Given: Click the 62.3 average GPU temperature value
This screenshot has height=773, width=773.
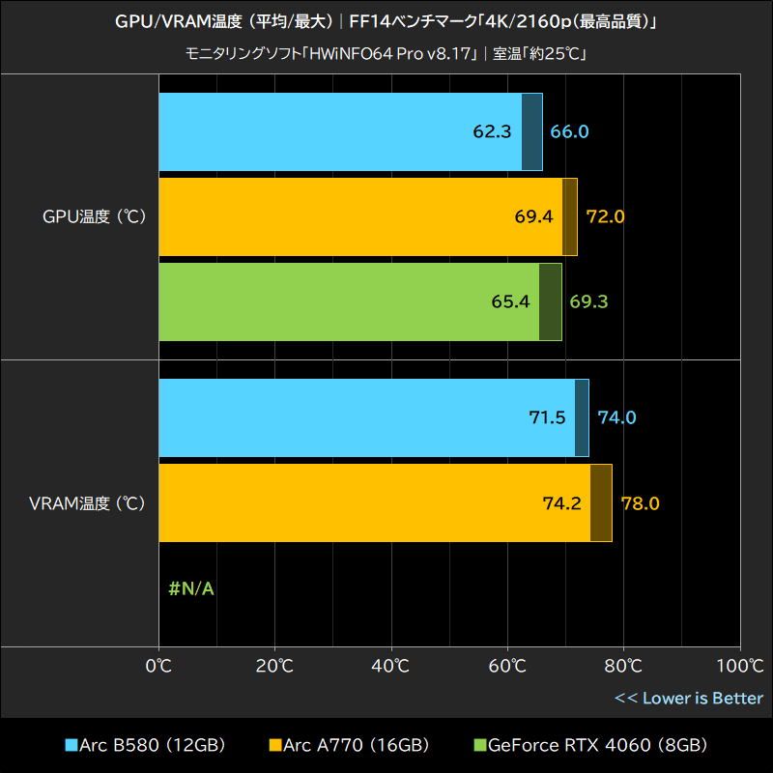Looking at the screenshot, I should tap(492, 131).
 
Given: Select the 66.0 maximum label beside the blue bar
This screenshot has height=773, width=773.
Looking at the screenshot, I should tap(569, 131).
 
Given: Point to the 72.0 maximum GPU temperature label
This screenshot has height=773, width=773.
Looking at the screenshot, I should tap(606, 216).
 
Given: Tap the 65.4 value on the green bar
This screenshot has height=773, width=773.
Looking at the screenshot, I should tap(510, 301).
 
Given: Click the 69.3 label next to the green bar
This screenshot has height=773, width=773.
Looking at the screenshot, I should tap(588, 301).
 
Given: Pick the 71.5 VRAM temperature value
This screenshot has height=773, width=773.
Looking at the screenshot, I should tap(547, 417).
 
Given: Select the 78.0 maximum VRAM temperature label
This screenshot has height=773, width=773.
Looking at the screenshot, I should tap(640, 502).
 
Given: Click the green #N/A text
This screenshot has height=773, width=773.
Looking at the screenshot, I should tap(190, 587).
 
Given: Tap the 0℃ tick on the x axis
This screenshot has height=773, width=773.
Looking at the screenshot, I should tap(158, 666).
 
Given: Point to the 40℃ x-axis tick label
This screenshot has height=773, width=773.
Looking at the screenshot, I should tap(391, 666).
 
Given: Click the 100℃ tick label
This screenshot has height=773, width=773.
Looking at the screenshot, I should tap(739, 666).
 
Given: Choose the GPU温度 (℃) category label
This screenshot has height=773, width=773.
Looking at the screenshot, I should tap(94, 216).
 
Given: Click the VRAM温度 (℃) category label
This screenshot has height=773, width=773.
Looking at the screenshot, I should tap(87, 502).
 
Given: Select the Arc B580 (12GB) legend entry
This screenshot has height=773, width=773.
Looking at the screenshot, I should tap(144, 745).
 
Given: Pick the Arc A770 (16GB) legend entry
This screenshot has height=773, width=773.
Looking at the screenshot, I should tap(349, 745).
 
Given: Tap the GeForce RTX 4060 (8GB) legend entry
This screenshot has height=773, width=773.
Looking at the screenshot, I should tap(590, 745).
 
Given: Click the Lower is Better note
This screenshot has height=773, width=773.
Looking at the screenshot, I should tap(689, 698).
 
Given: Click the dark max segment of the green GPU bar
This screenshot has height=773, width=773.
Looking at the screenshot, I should tap(550, 301).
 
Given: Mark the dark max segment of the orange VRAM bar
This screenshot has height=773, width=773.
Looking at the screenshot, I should tap(601, 502).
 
